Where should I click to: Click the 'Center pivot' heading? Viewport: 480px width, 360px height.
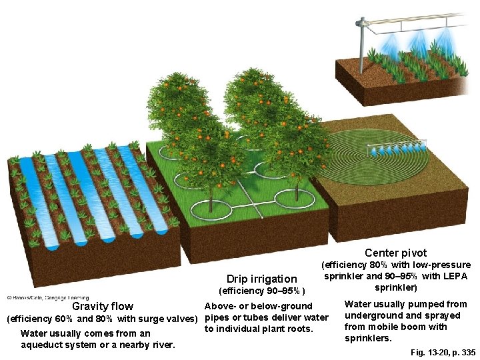(395, 253)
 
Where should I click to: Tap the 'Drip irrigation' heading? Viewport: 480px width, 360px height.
(261, 279)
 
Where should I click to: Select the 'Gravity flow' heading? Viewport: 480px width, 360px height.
(102, 306)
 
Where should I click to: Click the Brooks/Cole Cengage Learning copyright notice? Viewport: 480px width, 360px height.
(47, 297)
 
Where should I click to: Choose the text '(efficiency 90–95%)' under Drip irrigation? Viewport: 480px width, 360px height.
(261, 291)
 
